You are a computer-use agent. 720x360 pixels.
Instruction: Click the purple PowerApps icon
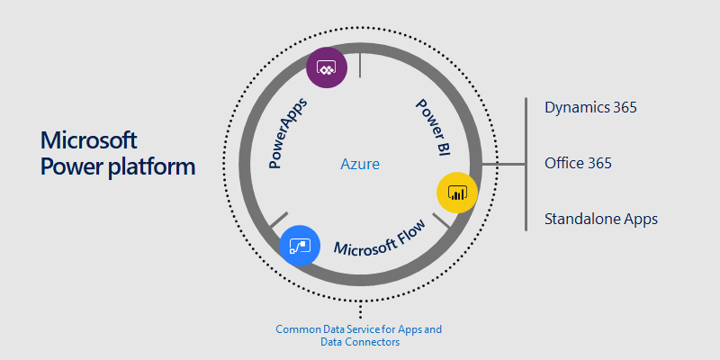325,69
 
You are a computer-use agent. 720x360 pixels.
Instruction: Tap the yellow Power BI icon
455,193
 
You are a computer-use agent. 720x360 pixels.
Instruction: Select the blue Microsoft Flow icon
299,245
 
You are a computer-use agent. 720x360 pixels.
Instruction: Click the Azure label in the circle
360,165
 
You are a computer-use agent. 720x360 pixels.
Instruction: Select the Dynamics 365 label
590,107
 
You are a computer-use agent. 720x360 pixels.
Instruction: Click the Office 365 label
578,163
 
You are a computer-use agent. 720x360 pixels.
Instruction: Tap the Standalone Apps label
600,219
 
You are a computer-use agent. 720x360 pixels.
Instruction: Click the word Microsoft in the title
89,140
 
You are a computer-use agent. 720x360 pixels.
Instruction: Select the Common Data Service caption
359,329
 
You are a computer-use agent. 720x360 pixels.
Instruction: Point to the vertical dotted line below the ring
360,310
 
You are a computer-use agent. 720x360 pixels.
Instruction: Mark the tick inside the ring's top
360,65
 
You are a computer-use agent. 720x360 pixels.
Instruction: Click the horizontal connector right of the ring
504,164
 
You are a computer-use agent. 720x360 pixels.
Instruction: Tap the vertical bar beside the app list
526,164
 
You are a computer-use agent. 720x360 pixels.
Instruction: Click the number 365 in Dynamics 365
621,107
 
